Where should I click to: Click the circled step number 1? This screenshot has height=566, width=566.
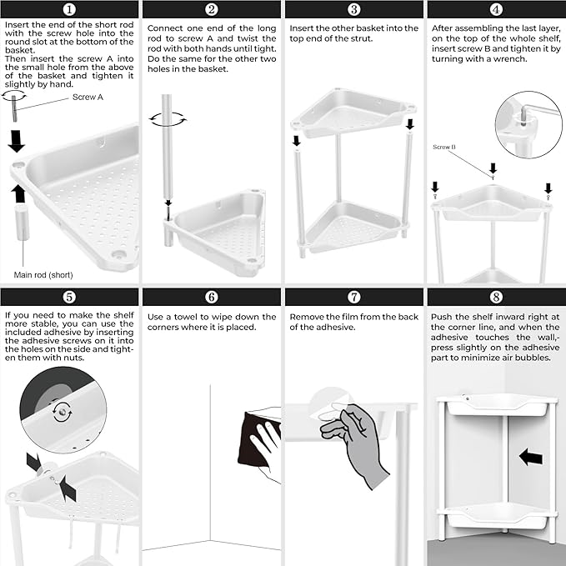point(69,9)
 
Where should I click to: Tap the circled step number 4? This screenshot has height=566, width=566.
point(496,9)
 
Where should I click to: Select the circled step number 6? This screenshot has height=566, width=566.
point(212,297)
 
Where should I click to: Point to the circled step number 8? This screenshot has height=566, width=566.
point(496,297)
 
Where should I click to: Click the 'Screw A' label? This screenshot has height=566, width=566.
point(88,97)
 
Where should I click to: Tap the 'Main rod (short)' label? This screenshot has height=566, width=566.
point(43,275)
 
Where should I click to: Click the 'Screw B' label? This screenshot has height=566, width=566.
point(444,147)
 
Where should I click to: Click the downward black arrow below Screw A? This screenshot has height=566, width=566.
point(16,141)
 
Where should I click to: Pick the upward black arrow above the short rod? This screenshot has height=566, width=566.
point(18,194)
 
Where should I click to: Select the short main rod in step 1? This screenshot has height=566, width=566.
point(22,223)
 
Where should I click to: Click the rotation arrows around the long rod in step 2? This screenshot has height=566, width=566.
point(168,119)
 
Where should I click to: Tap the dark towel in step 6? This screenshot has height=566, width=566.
point(258,438)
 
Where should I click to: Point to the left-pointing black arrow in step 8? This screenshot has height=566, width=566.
point(531,457)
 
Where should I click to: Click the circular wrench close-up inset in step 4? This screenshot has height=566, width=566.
point(528,124)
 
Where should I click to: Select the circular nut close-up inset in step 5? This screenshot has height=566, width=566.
point(63,409)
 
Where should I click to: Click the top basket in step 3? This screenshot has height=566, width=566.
point(353,112)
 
